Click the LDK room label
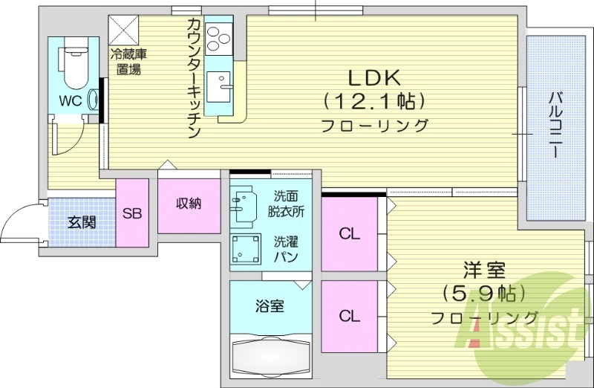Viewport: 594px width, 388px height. point(374,77)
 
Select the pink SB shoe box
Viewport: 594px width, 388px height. point(132,214)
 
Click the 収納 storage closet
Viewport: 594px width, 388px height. point(189,204)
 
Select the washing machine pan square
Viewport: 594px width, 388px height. point(246,250)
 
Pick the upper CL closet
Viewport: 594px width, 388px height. point(350,233)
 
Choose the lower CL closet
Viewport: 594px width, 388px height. point(350,315)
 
